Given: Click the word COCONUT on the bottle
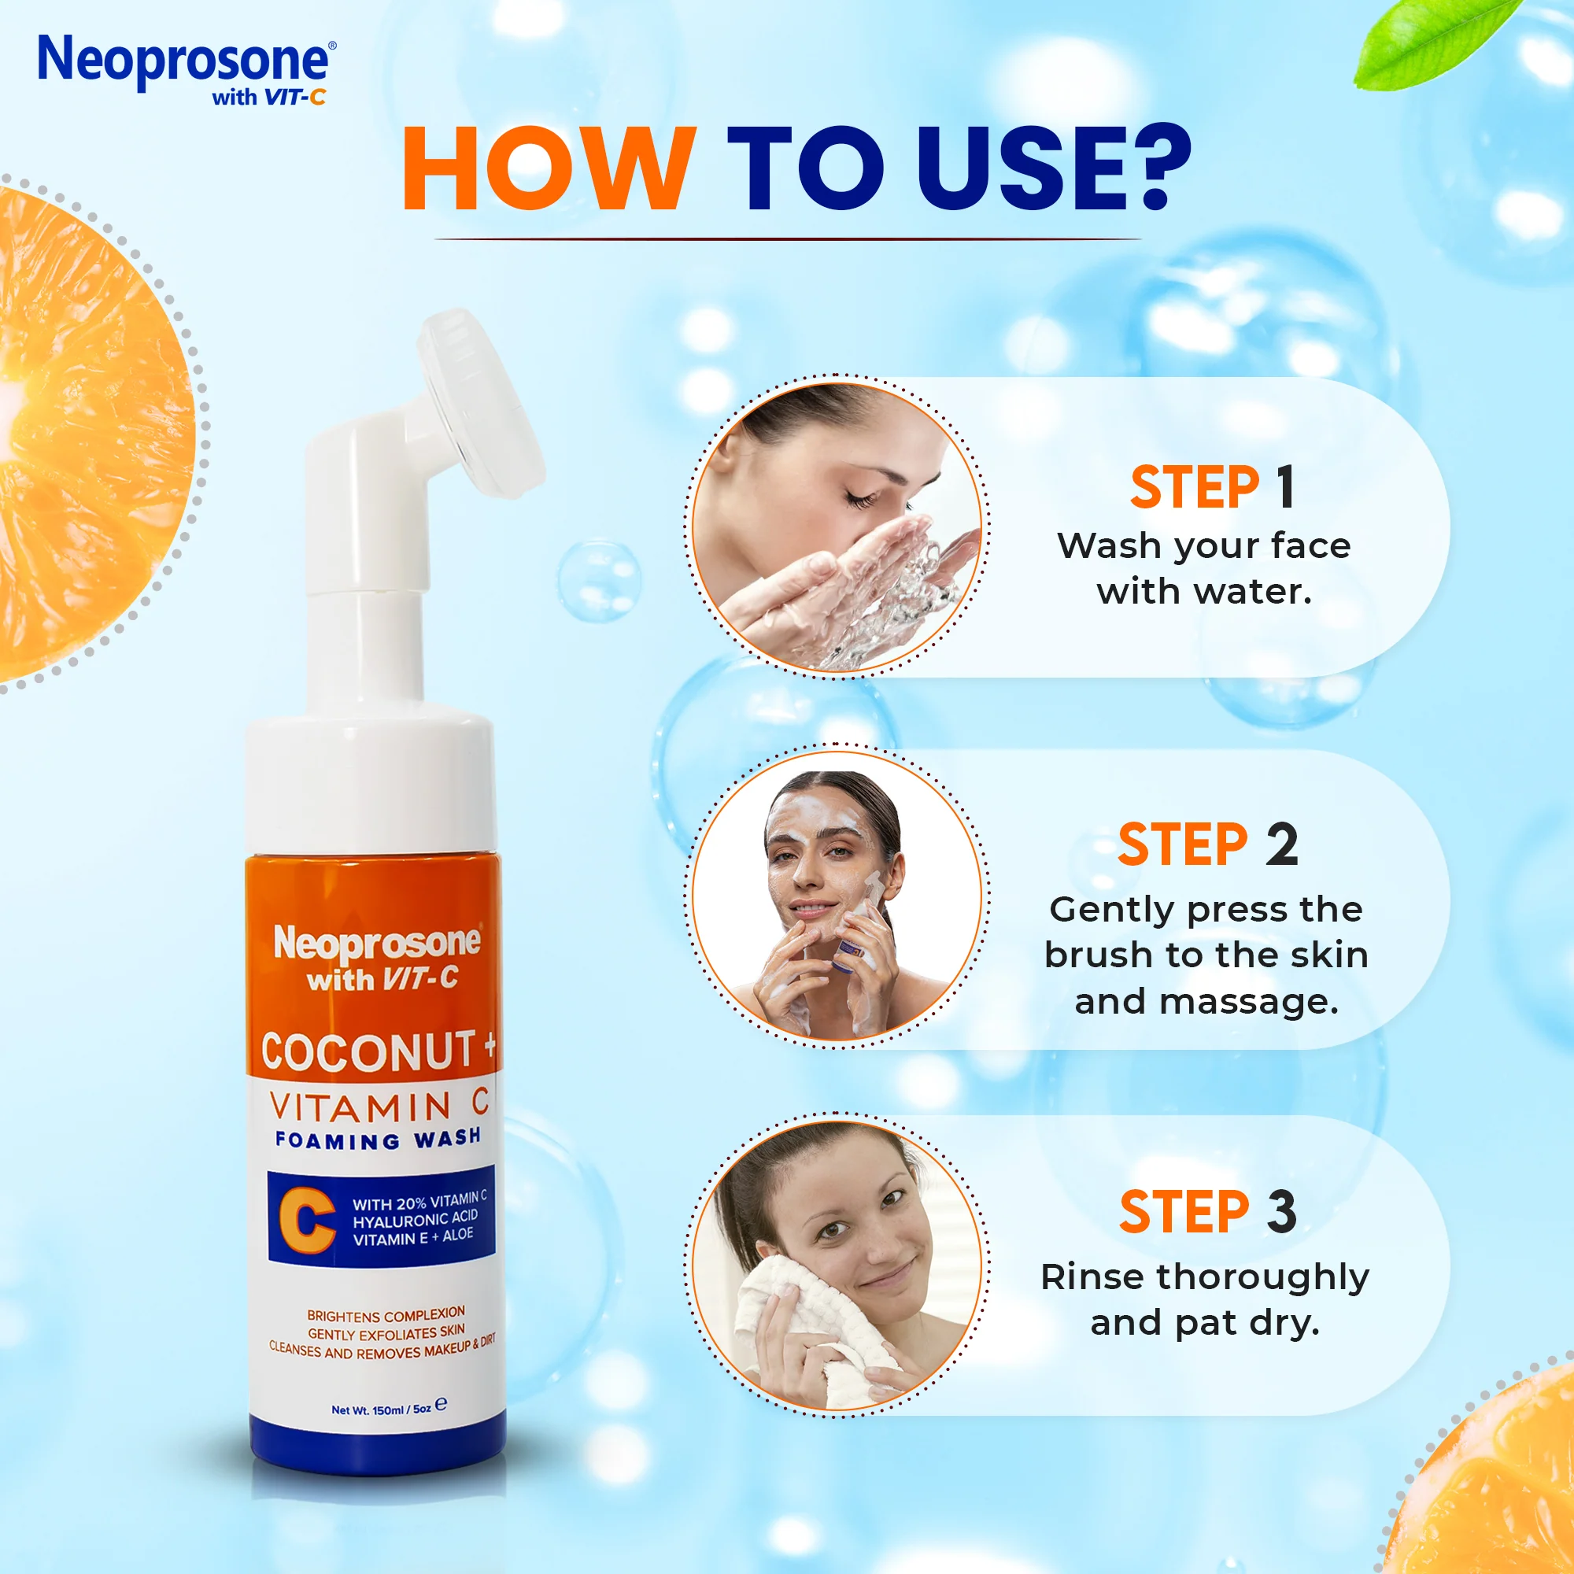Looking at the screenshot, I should point(368,1051).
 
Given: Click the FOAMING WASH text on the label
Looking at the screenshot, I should point(377,1139).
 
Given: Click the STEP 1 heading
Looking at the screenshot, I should point(1211,488).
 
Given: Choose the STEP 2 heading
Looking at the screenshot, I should point(1207,844).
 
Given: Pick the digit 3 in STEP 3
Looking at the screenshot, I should point(1281,1211).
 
